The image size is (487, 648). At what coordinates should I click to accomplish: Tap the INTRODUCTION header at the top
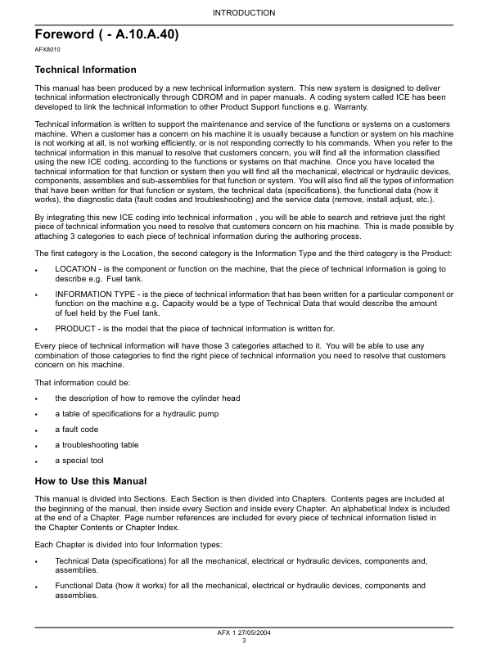[x=244, y=12]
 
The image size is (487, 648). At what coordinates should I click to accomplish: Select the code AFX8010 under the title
[x=47, y=51]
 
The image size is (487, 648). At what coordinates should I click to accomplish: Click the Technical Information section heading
[x=85, y=70]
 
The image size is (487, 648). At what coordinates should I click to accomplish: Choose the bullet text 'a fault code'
[x=77, y=430]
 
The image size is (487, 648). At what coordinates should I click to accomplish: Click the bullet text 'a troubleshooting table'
[x=97, y=445]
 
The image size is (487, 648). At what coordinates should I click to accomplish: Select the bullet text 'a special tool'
[x=80, y=461]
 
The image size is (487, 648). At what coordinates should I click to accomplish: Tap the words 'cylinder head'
[x=214, y=398]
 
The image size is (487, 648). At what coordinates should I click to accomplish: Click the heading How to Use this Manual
[x=91, y=480]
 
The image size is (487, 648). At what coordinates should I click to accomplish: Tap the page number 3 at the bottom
[x=244, y=641]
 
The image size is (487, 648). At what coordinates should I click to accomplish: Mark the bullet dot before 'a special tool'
[x=37, y=461]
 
